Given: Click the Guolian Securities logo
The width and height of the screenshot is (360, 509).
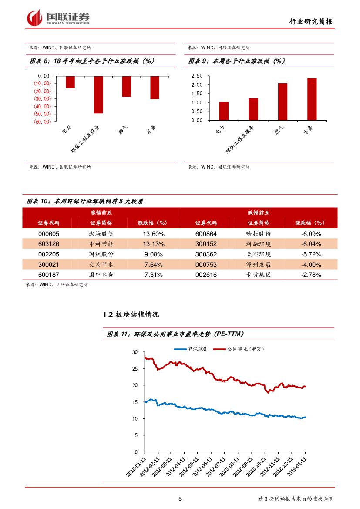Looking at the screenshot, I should (58, 17).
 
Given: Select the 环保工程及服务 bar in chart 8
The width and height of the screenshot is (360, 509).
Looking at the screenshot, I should (98, 94).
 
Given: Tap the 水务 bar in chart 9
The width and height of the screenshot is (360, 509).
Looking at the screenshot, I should (312, 99).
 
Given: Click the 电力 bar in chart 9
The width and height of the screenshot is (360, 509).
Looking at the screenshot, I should (224, 111).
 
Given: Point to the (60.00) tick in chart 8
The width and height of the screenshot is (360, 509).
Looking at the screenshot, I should (42, 121).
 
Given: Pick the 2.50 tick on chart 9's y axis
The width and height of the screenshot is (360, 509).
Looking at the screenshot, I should (197, 76).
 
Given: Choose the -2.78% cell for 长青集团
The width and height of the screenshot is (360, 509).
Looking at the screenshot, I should (311, 275).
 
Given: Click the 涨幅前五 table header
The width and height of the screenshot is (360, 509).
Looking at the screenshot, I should (101, 212).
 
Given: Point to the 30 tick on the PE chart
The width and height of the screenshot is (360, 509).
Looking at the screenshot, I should (135, 352).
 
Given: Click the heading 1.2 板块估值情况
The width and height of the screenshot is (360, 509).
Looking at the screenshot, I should (130, 314).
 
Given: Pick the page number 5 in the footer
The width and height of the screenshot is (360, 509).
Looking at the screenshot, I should (180, 499).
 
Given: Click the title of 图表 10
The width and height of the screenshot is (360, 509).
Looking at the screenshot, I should (85, 202).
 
